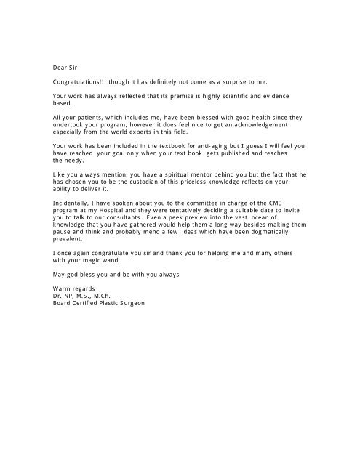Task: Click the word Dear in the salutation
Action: coord(62,66)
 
